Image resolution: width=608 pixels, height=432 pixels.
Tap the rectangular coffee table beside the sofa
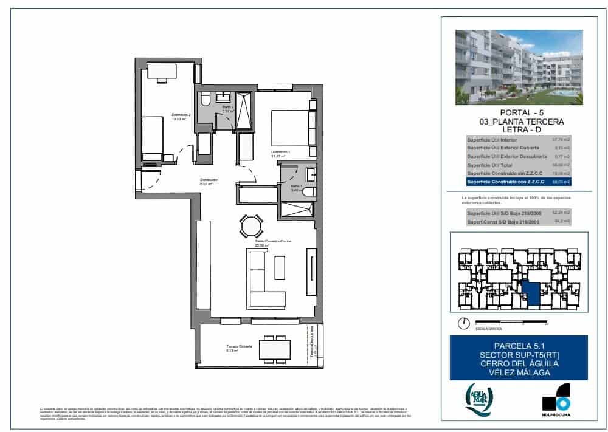coord(280,267)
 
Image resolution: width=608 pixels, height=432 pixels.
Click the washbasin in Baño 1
coord(311,173)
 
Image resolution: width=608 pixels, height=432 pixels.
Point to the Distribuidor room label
coord(209,180)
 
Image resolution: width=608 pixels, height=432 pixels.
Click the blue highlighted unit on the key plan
coord(531,294)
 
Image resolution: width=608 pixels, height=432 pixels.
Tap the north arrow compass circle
coord(464,323)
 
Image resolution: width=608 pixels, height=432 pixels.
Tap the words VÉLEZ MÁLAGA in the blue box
coord(519,372)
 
